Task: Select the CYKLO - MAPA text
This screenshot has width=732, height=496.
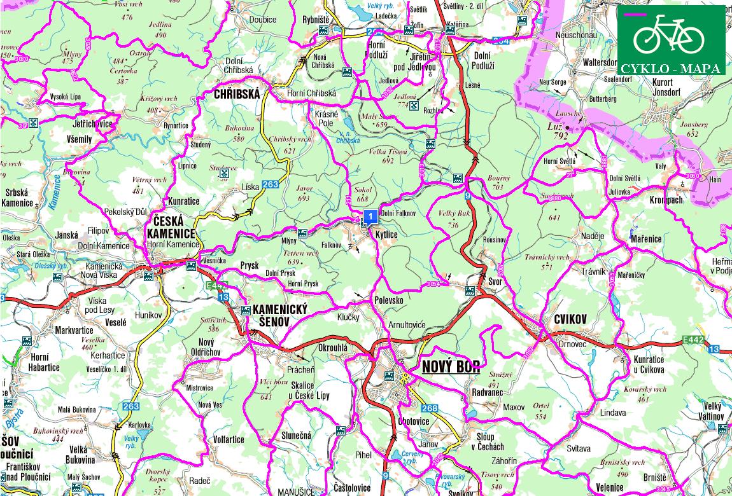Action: click(671, 68)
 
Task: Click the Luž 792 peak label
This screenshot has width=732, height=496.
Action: click(560, 131)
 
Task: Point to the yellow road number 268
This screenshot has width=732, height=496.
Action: click(430, 408)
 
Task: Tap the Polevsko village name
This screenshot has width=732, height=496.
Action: click(390, 300)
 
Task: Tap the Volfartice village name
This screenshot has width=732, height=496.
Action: click(229, 439)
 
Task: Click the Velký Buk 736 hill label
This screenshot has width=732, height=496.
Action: click(453, 219)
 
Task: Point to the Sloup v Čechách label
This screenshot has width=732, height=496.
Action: click(490, 441)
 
